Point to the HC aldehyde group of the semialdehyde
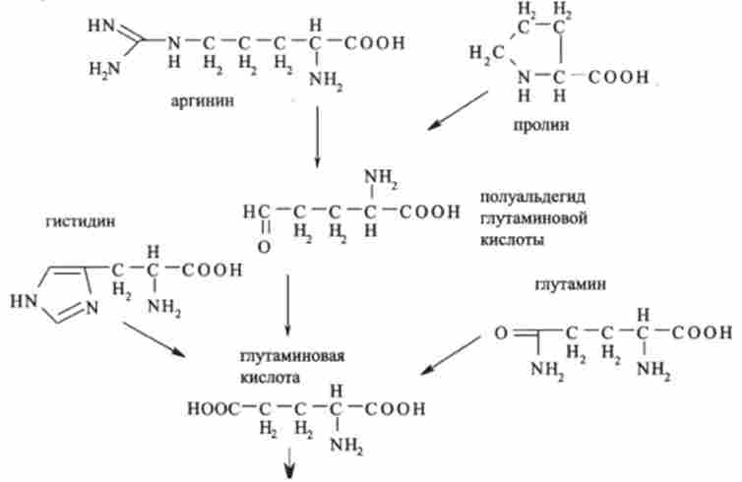coord(253,211)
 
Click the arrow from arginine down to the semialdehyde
coord(317,137)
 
